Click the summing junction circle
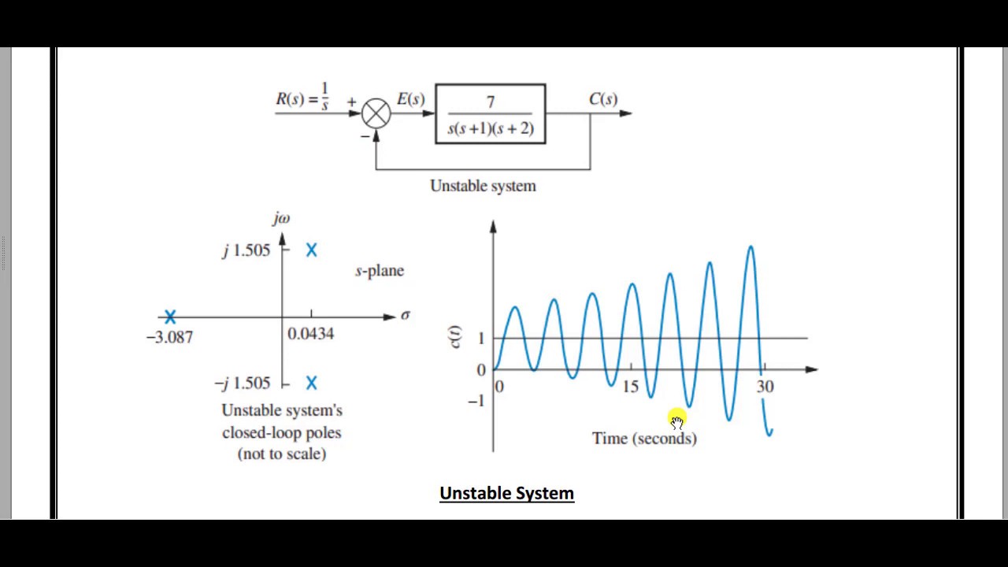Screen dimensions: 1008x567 click(x=376, y=113)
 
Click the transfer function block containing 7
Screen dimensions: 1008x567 click(x=490, y=114)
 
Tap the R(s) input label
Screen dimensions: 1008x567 click(x=302, y=98)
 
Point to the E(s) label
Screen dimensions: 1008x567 click(x=410, y=99)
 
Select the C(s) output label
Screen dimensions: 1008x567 click(x=603, y=98)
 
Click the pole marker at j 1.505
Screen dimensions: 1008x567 click(x=312, y=250)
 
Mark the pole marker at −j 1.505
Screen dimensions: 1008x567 click(x=312, y=383)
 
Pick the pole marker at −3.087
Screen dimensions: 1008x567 click(x=170, y=317)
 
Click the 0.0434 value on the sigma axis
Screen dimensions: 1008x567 click(x=310, y=334)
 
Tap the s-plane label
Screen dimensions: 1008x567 click(x=380, y=271)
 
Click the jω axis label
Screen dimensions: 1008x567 click(x=281, y=218)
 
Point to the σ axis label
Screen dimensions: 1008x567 click(x=405, y=315)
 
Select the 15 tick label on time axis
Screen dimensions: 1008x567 click(x=631, y=387)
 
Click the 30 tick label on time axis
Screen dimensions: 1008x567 click(x=765, y=387)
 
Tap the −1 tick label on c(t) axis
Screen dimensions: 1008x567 click(x=476, y=402)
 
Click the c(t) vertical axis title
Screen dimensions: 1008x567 click(x=456, y=336)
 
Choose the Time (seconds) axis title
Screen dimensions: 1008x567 click(x=644, y=439)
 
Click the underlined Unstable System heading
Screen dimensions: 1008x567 click(x=506, y=494)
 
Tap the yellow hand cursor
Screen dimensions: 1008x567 click(x=677, y=420)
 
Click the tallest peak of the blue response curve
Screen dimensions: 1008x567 click(x=750, y=248)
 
